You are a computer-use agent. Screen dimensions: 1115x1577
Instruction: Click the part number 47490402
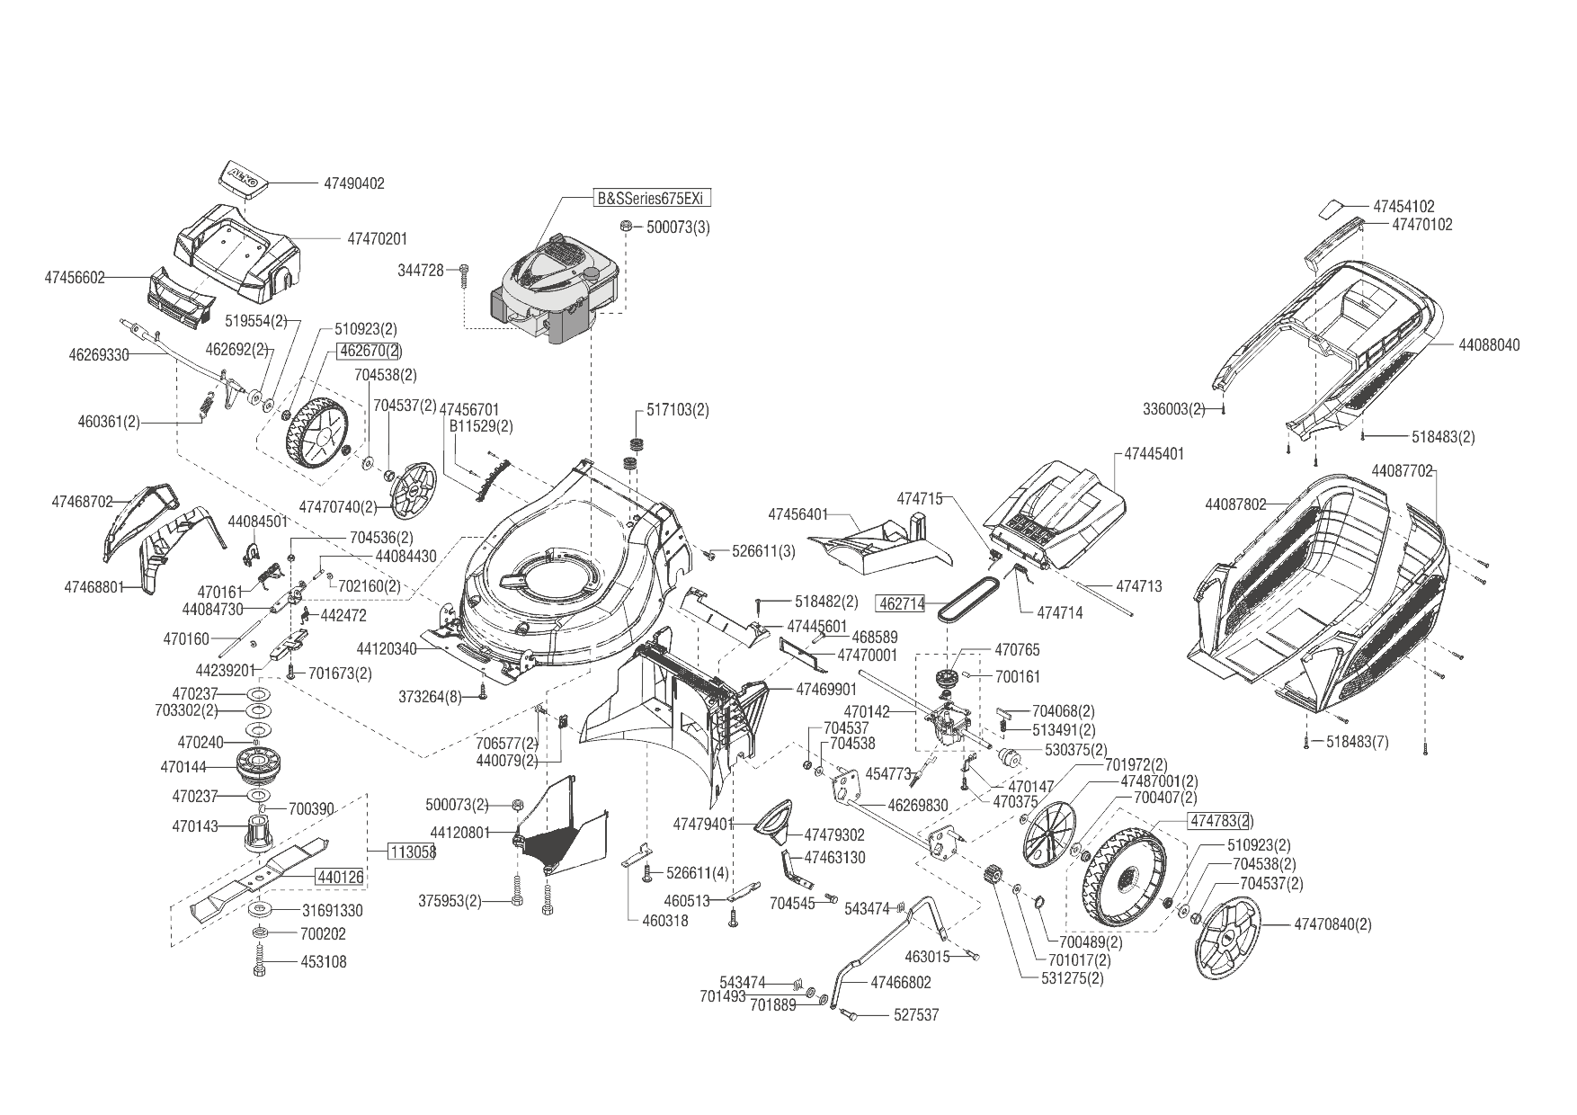point(353,183)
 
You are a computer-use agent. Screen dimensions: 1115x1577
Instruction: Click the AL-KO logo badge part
point(241,176)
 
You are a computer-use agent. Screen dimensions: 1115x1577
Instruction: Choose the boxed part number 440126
point(339,876)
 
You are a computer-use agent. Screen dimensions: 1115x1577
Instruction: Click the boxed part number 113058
point(412,852)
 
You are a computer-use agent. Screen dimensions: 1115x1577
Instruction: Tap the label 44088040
point(1489,345)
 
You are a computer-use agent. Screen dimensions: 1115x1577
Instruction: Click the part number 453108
point(324,962)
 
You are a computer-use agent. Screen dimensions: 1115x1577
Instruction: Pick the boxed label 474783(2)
point(1221,821)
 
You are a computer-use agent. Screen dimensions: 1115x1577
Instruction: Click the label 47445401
point(1154,454)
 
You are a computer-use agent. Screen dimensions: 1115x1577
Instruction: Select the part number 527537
point(916,1015)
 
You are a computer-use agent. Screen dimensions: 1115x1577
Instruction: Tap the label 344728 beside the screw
point(421,270)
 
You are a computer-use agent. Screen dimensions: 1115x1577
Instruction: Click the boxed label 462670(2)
point(370,351)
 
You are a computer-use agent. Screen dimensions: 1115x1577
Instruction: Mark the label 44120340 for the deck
point(387,648)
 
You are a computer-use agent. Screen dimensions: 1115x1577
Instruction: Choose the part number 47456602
point(74,279)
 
